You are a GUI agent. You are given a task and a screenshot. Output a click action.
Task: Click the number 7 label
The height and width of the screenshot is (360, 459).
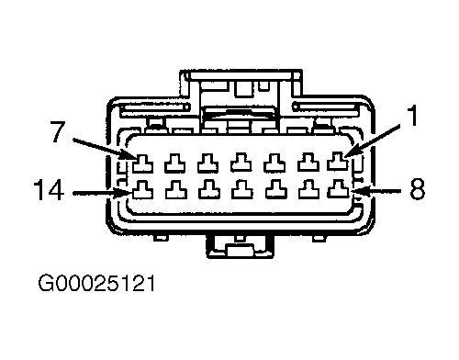tap(59, 132)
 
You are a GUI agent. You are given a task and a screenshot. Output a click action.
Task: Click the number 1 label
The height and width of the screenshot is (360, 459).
tap(413, 115)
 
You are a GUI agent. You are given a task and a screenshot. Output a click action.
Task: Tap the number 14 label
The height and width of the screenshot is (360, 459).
tap(49, 190)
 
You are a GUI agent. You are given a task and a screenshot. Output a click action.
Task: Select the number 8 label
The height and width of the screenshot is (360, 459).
tap(417, 189)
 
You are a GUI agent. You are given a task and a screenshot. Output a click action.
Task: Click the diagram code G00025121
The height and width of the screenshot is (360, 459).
tap(96, 283)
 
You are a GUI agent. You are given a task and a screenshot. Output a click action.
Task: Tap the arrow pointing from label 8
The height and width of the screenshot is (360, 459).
tap(376, 191)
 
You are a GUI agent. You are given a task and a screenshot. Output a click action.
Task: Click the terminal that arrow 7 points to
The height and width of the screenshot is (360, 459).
tap(142, 163)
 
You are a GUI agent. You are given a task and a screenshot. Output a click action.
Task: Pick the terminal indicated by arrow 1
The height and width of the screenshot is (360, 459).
tap(338, 161)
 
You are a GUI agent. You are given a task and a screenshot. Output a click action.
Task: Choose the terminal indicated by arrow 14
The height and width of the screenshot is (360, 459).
tap(142, 190)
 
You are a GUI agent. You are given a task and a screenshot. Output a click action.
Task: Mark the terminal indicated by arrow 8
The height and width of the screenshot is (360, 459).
tap(338, 188)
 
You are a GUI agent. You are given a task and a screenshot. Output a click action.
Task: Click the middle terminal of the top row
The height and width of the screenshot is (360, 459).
tap(241, 163)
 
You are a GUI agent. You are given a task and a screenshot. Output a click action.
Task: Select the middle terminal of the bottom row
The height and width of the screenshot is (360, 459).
tap(242, 189)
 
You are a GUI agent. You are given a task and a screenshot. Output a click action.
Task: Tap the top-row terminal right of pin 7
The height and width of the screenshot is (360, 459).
tap(175, 163)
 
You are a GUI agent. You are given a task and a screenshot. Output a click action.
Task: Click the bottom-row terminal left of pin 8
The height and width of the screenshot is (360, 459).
tap(308, 189)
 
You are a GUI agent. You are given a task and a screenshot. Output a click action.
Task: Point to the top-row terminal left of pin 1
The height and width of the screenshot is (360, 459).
tap(308, 162)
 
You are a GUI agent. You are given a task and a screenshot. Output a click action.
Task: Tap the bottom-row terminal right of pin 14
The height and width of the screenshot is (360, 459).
tap(176, 190)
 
